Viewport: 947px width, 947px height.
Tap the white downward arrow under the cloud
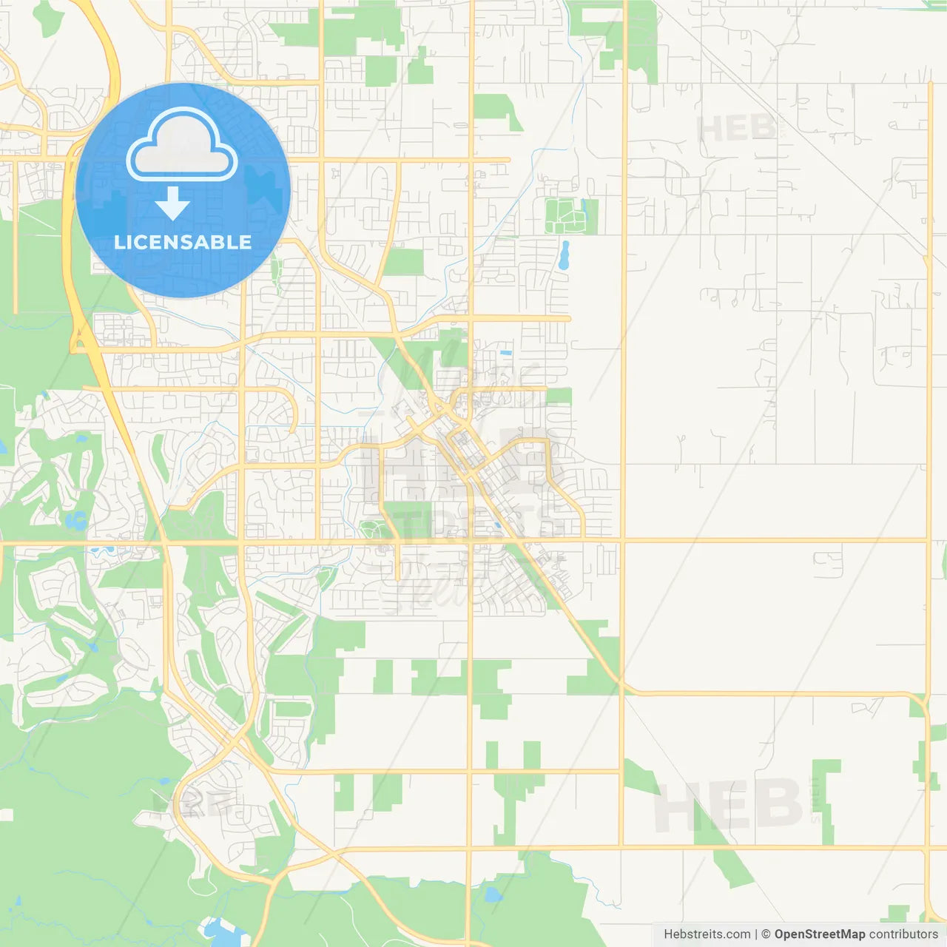click(172, 203)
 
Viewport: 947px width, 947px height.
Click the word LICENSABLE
click(183, 242)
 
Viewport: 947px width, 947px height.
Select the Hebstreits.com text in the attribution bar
click(707, 934)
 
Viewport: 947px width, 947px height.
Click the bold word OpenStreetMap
click(819, 934)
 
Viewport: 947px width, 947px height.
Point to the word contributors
click(903, 934)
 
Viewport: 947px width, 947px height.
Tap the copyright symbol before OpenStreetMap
click(766, 934)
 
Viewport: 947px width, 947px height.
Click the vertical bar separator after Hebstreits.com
click(756, 934)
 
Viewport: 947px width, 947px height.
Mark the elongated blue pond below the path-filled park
click(565, 255)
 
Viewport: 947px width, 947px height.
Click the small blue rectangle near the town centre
click(506, 353)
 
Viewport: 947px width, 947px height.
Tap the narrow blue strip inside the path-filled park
click(585, 212)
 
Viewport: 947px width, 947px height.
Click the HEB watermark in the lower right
click(729, 805)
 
